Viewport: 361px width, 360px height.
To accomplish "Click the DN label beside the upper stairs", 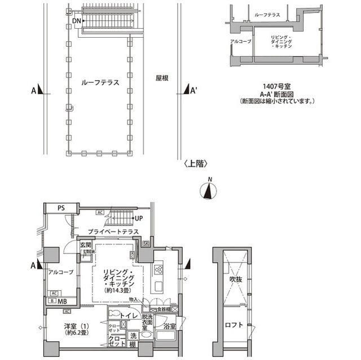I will pos(77,21).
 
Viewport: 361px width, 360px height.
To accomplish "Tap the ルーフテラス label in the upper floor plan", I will pos(100,82).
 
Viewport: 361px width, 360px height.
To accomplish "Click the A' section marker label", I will pos(193,91).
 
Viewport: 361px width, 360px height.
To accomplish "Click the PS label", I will pos(60,208).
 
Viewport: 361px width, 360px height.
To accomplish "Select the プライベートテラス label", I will pos(113,231).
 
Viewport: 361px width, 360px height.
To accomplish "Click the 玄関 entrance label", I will pos(85,245).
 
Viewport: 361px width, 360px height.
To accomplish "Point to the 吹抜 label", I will pos(235,279).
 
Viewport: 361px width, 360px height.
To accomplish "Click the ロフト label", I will pos(235,325).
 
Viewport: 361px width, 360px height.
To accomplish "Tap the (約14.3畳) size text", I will pos(118,290).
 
